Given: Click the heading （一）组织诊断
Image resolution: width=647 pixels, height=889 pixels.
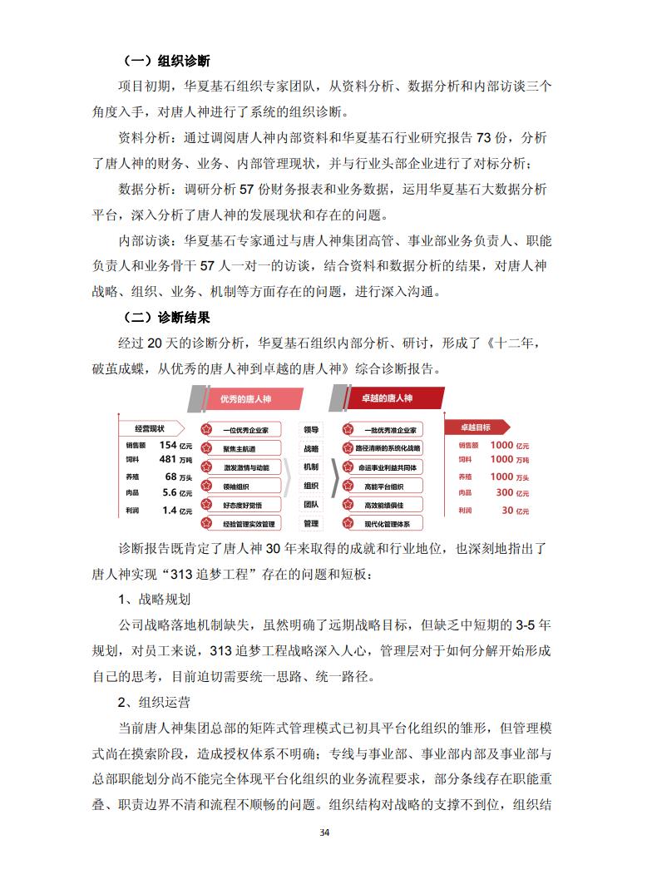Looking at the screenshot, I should [165, 61].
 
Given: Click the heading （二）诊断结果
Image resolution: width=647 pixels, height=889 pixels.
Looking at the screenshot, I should [165, 318].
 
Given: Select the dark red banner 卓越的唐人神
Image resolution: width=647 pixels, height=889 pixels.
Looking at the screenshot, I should [387, 399].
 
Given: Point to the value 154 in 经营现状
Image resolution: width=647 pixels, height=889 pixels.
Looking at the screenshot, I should [169, 445].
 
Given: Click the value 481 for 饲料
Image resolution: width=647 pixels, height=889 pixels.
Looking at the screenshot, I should [168, 459].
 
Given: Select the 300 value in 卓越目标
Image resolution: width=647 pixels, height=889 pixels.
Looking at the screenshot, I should [504, 492].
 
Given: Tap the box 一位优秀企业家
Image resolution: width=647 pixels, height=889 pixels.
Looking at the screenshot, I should [243, 430].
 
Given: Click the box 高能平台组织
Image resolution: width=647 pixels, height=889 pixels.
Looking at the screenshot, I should [384, 486].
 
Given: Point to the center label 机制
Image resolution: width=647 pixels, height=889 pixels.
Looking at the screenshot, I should [311, 467].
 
